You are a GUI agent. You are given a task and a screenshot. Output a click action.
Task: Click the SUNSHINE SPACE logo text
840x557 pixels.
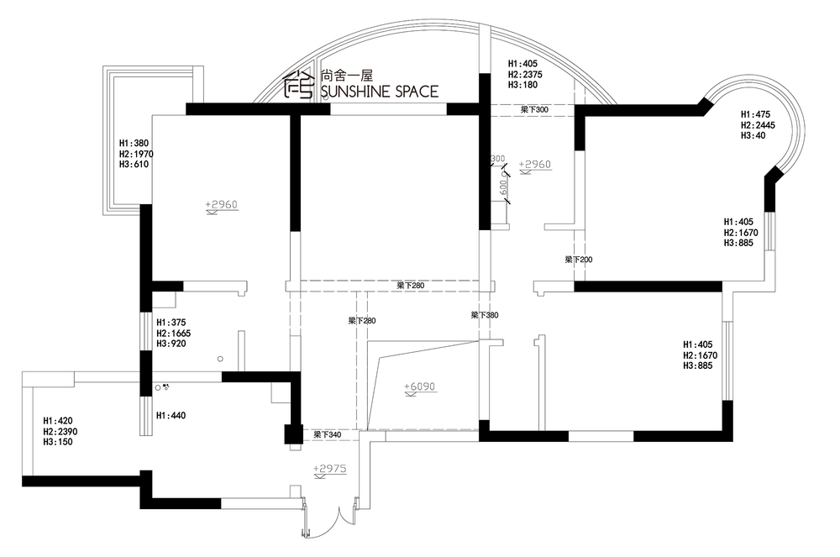(x=380, y=92)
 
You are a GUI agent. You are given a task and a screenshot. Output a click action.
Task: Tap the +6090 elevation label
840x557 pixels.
(x=419, y=386)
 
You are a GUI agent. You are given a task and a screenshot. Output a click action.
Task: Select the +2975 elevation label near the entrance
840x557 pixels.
(x=330, y=469)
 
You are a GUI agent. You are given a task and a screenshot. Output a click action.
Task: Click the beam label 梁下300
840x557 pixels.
(x=534, y=109)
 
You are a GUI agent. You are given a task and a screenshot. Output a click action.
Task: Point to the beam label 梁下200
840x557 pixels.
(x=579, y=260)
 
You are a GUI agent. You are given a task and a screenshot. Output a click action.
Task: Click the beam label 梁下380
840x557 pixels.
(x=485, y=315)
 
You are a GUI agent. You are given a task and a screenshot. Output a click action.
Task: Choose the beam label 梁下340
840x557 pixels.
(x=328, y=435)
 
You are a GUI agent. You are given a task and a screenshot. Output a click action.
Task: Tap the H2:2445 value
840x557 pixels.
(x=758, y=125)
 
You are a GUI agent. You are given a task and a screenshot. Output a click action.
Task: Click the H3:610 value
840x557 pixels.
(x=134, y=165)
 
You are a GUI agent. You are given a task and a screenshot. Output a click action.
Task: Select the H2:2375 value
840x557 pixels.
(x=526, y=75)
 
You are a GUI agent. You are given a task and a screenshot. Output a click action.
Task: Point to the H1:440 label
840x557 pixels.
(x=171, y=415)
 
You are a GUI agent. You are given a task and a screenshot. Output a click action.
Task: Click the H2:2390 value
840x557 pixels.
(x=60, y=432)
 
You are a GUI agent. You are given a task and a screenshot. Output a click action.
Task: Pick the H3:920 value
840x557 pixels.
(x=171, y=344)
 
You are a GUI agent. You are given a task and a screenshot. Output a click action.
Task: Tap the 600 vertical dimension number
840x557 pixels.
(x=502, y=187)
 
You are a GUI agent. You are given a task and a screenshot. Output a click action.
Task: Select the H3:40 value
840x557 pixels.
(x=753, y=136)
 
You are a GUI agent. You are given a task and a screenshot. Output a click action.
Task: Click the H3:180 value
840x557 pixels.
(x=522, y=85)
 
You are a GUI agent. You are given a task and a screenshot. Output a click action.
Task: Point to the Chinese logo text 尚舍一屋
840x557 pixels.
(x=346, y=76)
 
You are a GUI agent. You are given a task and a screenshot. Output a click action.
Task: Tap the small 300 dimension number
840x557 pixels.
(x=497, y=159)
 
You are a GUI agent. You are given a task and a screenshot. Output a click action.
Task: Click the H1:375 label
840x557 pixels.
(x=171, y=323)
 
